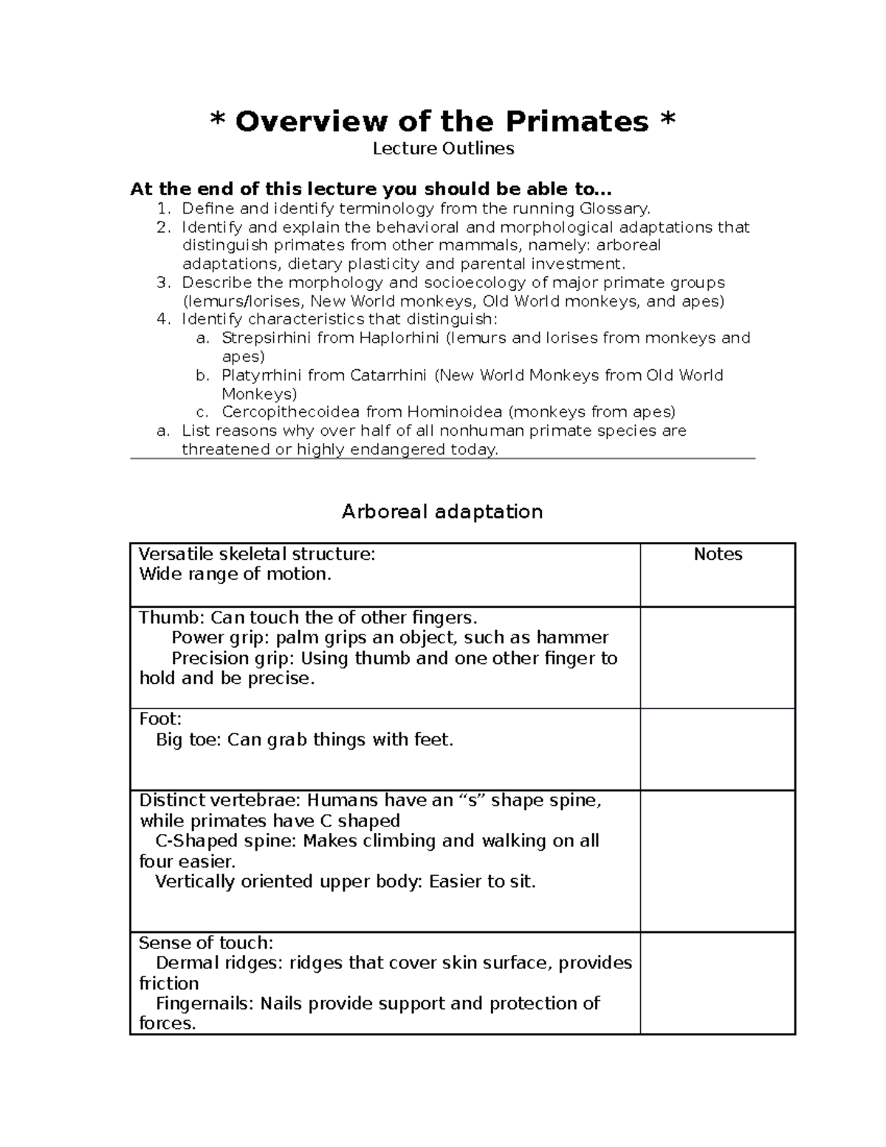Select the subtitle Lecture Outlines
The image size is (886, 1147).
443,148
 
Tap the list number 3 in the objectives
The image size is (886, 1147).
163,283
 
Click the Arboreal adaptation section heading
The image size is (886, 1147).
442,512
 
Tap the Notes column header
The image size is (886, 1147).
718,555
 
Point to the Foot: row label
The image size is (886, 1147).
160,719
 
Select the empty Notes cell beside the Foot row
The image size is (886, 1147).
717,749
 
